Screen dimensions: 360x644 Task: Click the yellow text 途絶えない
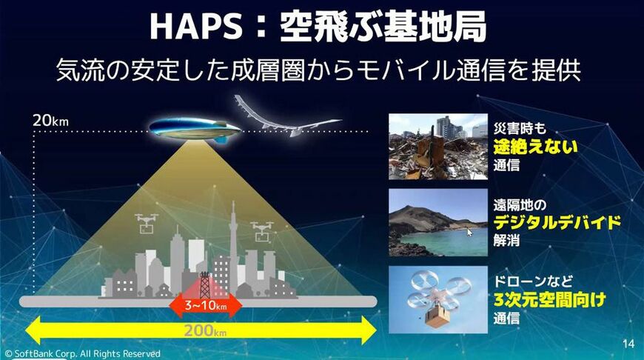[x=535, y=146]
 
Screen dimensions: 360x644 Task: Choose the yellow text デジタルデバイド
[x=556, y=222]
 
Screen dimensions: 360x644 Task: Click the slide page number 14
[x=628, y=343]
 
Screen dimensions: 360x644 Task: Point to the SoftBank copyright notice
[x=81, y=354]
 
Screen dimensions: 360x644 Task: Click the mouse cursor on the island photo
[x=470, y=232]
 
